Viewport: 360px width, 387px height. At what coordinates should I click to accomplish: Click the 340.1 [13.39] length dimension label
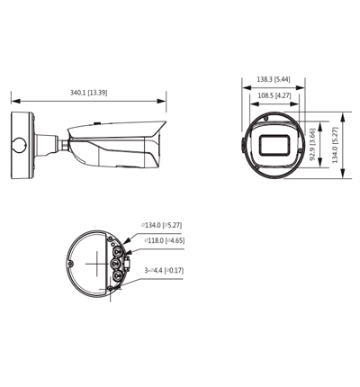click(88, 93)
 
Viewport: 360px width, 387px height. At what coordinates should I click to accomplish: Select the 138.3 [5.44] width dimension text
click(274, 79)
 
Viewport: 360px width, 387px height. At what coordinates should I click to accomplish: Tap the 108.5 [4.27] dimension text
click(274, 95)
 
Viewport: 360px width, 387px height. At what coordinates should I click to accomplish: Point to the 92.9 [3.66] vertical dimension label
click(312, 144)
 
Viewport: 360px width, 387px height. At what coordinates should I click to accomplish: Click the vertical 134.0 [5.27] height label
click(335, 145)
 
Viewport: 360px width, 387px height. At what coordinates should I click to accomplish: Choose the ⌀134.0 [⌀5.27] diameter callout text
click(162, 225)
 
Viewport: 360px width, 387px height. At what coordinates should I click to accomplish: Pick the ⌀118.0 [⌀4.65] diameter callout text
click(165, 240)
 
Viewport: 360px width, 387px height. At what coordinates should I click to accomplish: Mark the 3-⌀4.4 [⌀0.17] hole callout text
click(164, 270)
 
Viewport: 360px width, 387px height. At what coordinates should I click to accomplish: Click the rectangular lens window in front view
click(274, 145)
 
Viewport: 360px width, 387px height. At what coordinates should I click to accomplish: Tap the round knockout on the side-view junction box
click(21, 145)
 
